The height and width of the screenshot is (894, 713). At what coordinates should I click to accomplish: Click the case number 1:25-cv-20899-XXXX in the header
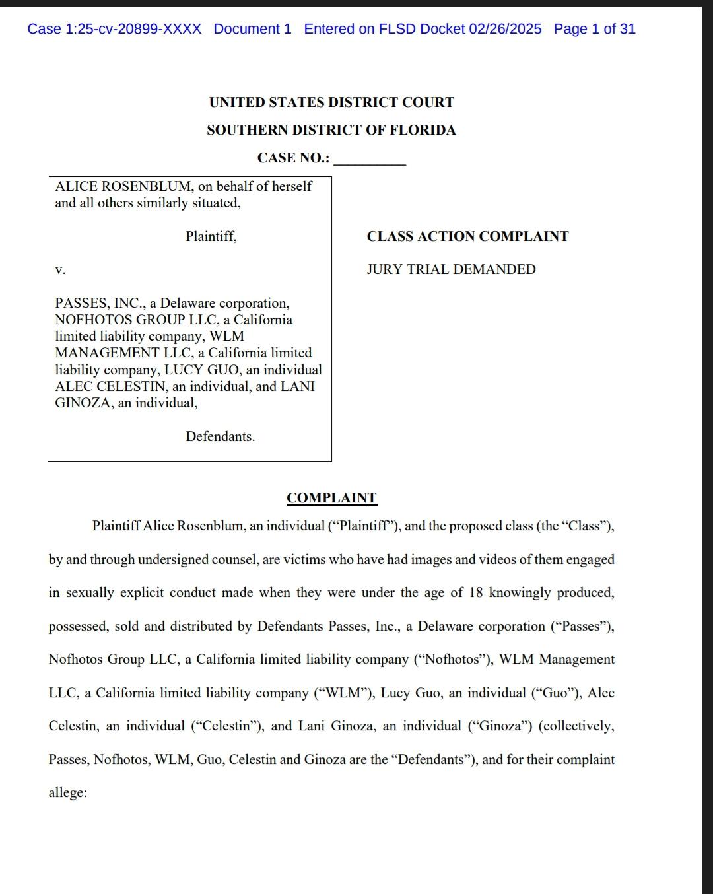click(x=114, y=29)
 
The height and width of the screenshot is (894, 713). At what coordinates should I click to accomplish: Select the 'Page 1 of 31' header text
click(x=594, y=29)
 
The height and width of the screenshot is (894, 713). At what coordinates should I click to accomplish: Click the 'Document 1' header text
click(x=252, y=29)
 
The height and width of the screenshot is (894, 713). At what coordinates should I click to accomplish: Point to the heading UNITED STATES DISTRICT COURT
click(x=331, y=102)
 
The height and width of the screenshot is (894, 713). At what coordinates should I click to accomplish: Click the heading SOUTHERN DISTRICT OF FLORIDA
click(x=331, y=130)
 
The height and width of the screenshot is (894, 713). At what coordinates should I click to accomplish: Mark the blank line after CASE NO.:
click(x=370, y=159)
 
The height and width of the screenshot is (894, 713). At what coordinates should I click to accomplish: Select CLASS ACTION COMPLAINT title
click(x=467, y=236)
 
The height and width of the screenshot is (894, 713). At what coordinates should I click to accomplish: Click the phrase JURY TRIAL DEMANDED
click(x=451, y=269)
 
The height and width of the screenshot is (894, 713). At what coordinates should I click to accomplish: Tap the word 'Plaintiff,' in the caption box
click(x=211, y=236)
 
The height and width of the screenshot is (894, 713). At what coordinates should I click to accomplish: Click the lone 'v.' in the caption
click(x=60, y=270)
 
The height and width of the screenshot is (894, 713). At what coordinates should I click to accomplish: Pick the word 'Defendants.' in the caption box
click(x=220, y=436)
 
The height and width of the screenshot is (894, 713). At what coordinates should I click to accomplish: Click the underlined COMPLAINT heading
click(x=331, y=498)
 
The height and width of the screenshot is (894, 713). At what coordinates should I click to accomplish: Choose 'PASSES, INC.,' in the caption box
click(x=100, y=304)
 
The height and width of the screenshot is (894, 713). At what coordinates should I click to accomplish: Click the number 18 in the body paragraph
click(x=476, y=593)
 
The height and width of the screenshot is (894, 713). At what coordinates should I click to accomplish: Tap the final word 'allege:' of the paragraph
click(x=67, y=792)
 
